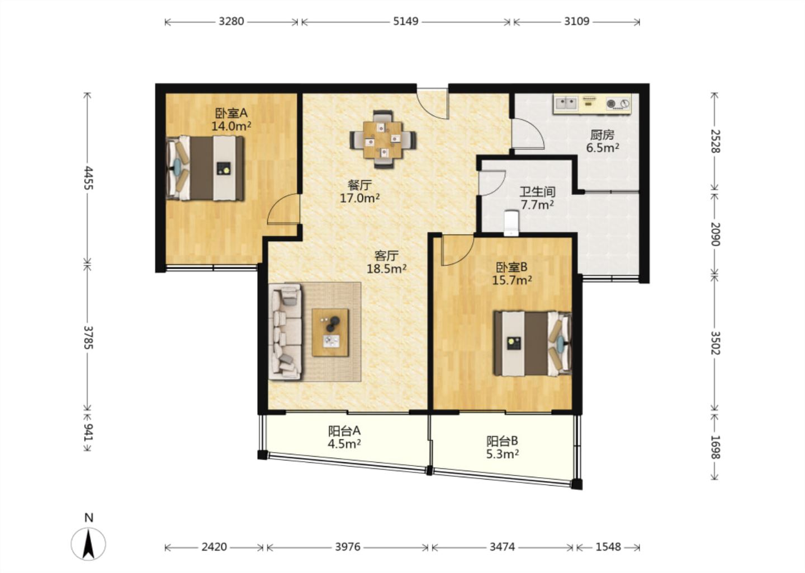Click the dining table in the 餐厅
pyautogui.click(x=383, y=139)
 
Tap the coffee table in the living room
pyautogui.click(x=330, y=332)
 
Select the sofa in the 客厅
pyautogui.click(x=285, y=331)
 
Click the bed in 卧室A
pyautogui.click(x=205, y=168)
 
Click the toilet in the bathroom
pyautogui.click(x=511, y=223)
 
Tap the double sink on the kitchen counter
pyautogui.click(x=566, y=104)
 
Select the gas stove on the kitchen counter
pyautogui.click(x=618, y=104)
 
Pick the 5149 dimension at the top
pyautogui.click(x=406, y=22)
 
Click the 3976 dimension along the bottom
pyautogui.click(x=348, y=547)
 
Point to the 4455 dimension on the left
pyautogui.click(x=88, y=178)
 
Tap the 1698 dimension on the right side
pyautogui.click(x=715, y=447)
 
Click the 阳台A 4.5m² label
pyautogui.click(x=344, y=438)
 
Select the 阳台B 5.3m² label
pyautogui.click(x=503, y=448)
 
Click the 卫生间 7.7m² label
pyautogui.click(x=537, y=198)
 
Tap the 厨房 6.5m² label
pyautogui.click(x=602, y=142)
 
